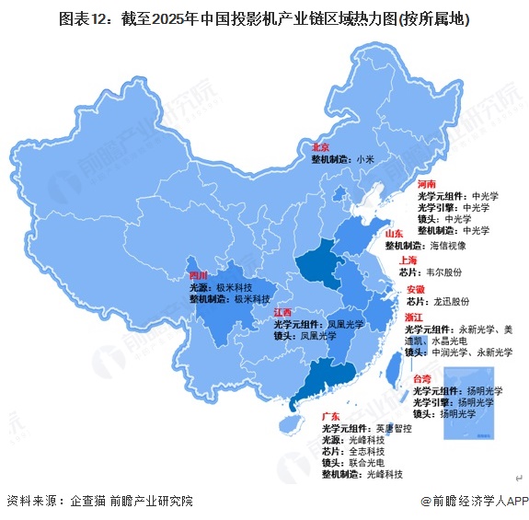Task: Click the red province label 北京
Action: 321,146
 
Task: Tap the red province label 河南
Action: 428,184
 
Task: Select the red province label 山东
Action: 395,235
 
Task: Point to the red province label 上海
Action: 409,260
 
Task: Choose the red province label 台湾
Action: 422,378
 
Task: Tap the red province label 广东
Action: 331,417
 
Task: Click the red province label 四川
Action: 199,275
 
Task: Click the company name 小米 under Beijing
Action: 365,159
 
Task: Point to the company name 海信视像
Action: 448,247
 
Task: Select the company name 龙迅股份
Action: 451,301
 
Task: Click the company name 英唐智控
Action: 392,430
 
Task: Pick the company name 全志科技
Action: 365,452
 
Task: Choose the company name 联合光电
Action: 365,463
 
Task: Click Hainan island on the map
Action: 289,424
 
